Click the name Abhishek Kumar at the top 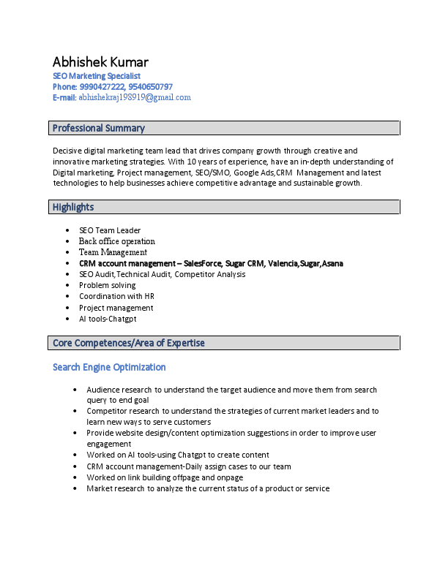100,61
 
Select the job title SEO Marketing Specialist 96,76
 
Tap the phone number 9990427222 102,87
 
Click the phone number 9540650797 151,87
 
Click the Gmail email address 135,97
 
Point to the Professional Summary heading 99,129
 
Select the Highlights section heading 73,208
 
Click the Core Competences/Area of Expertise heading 129,343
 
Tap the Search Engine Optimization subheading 109,367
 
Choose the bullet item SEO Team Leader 110,230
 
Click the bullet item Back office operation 117,241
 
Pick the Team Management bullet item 113,252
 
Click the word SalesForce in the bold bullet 205,263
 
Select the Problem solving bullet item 108,285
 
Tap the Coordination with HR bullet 116,296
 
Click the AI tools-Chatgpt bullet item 108,319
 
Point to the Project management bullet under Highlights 116,308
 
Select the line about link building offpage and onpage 165,477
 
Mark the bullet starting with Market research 208,488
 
